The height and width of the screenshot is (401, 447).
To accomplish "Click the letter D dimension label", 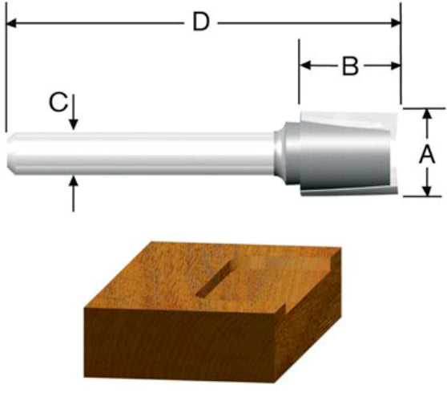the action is pyautogui.click(x=201, y=22).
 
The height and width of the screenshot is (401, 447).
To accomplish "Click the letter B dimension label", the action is pyautogui.click(x=350, y=67).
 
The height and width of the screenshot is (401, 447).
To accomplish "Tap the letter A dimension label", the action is pyautogui.click(x=427, y=154).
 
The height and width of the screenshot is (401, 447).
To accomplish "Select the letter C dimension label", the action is pyautogui.click(x=58, y=102).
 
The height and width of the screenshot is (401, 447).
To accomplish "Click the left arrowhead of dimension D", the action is pyautogui.click(x=11, y=23).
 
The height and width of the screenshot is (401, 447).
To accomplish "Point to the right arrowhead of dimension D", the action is pyautogui.click(x=396, y=23).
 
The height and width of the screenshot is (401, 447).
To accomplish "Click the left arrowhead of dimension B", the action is pyautogui.click(x=305, y=66).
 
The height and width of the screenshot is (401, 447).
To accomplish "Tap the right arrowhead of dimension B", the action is pyautogui.click(x=396, y=66).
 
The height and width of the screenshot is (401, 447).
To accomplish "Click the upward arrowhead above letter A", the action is pyautogui.click(x=426, y=114).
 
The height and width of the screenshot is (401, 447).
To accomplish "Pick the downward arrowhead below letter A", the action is pyautogui.click(x=426, y=191).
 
